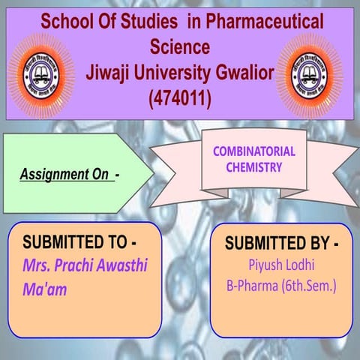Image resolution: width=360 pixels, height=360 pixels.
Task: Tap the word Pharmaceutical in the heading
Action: pos(265,23)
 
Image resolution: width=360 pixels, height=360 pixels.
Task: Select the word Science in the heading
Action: pos(179,47)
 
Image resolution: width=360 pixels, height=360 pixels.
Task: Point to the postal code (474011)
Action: pos(179,97)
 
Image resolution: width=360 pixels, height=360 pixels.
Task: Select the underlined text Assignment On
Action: pos(64,175)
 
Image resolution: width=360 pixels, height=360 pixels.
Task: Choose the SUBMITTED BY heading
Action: pos(281,244)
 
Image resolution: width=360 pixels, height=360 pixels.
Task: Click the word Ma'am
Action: pos(44,289)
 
